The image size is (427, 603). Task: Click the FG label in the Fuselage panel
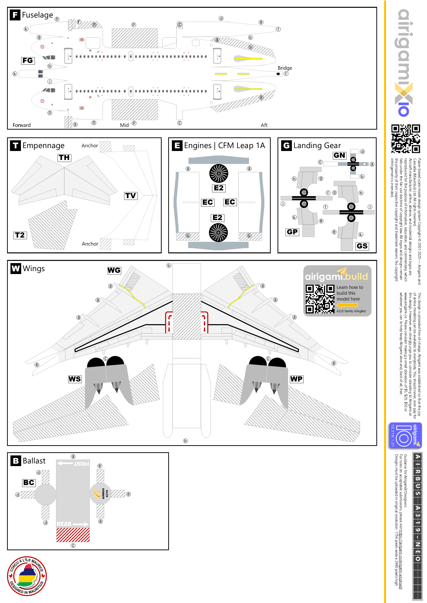pos(28,61)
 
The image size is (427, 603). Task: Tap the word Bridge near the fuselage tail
pos(285,68)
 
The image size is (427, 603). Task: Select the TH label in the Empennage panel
pos(64,158)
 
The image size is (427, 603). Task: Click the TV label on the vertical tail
pos(131,196)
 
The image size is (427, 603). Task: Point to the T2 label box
pos(20,235)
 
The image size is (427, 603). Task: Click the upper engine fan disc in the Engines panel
pos(219,173)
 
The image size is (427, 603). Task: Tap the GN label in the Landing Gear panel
pos(339,155)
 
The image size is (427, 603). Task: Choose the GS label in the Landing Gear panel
pos(362,246)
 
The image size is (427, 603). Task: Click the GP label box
pos(292,232)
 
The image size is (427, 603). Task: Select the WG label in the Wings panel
pos(114,270)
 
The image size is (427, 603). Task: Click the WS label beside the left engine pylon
pos(75,379)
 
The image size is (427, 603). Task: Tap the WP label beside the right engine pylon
pos(297,379)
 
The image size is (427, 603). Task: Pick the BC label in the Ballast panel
pos(29,483)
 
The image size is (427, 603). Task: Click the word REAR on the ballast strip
pos(64,524)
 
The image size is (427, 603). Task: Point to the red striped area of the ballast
pos(73,535)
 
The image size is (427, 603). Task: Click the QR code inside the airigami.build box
pos(320,299)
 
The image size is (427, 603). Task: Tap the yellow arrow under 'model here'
pos(347,305)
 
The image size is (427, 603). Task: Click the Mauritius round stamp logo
pos(27,576)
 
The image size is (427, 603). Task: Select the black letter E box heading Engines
pos(177,145)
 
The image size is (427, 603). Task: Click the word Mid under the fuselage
pos(124,125)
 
